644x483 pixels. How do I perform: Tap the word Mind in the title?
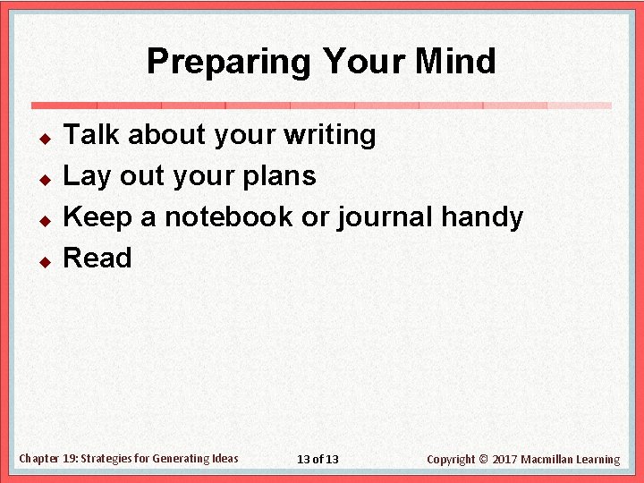click(x=455, y=62)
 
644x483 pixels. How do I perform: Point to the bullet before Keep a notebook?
click(x=42, y=221)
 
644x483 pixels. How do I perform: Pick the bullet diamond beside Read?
click(x=42, y=262)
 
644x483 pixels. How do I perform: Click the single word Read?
click(x=97, y=258)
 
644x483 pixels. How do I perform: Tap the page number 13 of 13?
click(x=318, y=460)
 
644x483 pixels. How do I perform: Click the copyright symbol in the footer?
click(x=484, y=460)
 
